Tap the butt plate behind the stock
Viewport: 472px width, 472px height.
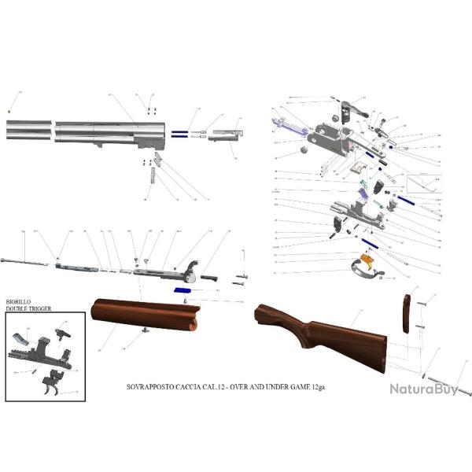407,314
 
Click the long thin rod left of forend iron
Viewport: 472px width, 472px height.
24,261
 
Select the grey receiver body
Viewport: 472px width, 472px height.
331,140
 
